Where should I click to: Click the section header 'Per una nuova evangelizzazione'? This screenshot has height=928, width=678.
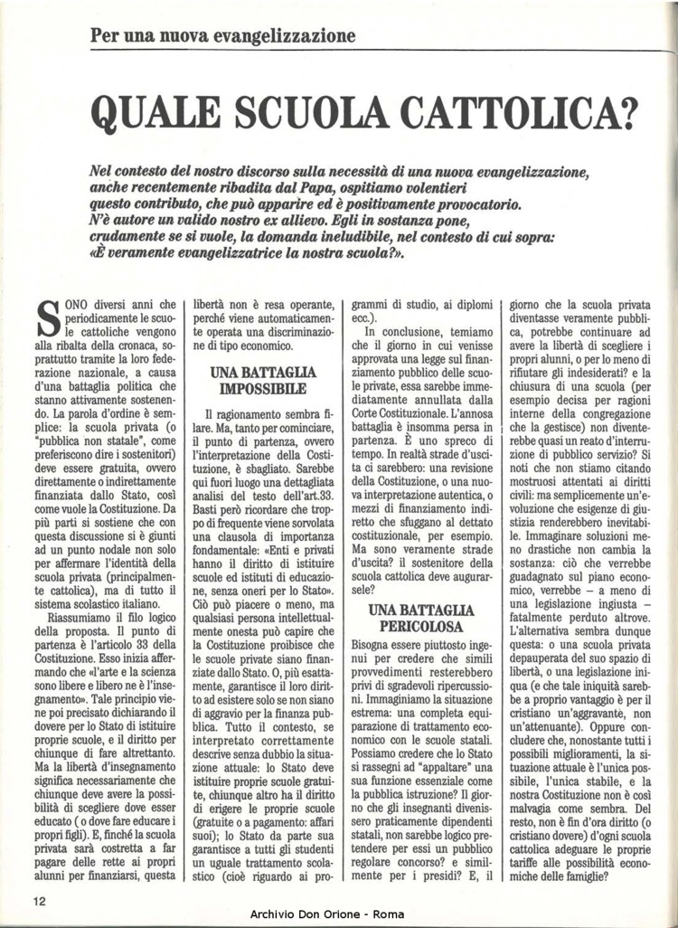click(223, 37)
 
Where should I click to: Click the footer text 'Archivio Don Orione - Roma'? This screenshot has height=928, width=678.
click(339, 916)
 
